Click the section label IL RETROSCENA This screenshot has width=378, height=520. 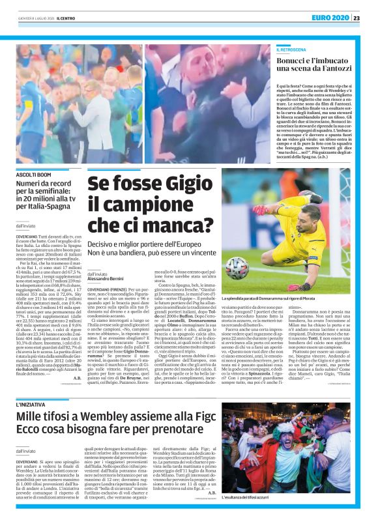[x=294, y=50]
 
